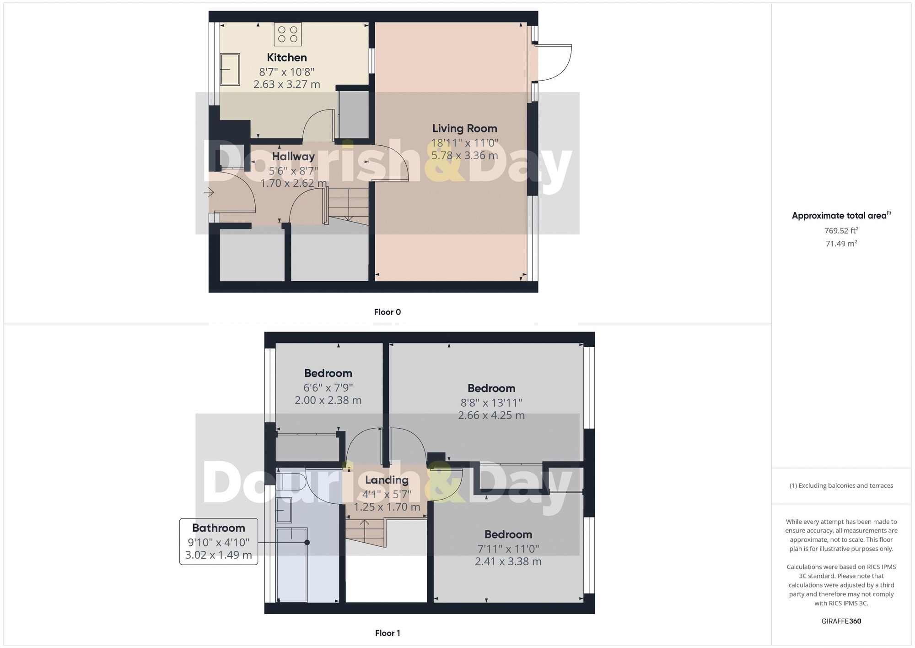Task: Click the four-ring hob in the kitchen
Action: [288, 34]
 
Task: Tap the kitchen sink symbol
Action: [230, 70]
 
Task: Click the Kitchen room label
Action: [287, 58]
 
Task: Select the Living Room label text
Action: [464, 129]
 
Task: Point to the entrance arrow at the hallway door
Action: [209, 192]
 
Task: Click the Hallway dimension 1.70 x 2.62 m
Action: [293, 184]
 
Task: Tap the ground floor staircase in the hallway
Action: [348, 206]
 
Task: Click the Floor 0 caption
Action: [387, 312]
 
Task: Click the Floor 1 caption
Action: [387, 633]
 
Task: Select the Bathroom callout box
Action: [219, 541]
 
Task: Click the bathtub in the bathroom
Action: [292, 564]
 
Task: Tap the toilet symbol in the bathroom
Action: [291, 482]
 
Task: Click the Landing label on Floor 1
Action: [387, 480]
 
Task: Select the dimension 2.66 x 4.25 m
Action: [491, 416]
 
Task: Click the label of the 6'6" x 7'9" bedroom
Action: [328, 373]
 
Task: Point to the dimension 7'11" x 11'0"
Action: [508, 549]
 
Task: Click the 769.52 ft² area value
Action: [841, 231]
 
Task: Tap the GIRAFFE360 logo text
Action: [841, 621]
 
